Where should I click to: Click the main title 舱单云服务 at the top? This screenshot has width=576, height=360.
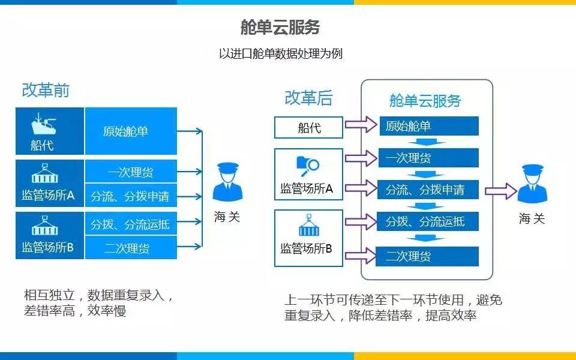pos(280,28)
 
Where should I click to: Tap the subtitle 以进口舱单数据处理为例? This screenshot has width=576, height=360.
pos(281,53)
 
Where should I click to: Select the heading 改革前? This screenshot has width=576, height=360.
pos(46,90)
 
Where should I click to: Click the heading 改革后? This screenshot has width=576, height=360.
pos(308,97)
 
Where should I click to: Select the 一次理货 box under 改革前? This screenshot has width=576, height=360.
pos(130,172)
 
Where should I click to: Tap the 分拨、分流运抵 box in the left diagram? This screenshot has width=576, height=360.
pos(130,225)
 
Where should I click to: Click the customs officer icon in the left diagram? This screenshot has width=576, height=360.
pos(228,182)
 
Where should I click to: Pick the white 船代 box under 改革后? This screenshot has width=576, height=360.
pos(309,127)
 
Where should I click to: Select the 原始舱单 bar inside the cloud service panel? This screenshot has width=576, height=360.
pos(428,126)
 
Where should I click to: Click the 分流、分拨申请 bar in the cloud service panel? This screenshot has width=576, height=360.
pos(428,190)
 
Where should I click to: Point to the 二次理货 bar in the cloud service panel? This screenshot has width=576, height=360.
pos(428,257)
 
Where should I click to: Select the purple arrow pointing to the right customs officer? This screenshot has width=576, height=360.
pos(500,191)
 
